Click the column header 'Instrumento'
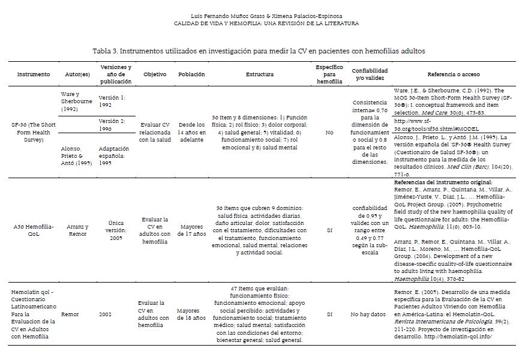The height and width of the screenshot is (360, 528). [29, 74]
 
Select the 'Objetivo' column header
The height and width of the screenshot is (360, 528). [155, 74]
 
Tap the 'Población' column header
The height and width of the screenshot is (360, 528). [191, 74]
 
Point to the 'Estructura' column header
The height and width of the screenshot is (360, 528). [259, 74]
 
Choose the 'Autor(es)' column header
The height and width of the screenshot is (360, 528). [77, 74]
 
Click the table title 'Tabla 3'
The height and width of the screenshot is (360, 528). [259, 51]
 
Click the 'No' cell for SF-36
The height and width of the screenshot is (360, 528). [329, 132]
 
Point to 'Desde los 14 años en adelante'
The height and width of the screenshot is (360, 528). [191, 132]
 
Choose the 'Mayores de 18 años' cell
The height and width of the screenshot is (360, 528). [191, 314]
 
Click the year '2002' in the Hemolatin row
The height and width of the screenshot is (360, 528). [105, 314]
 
